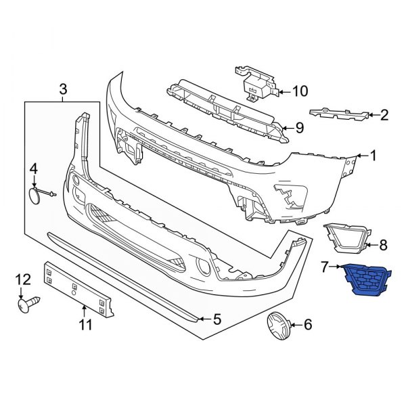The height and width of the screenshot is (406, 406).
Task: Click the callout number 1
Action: coord(371,156)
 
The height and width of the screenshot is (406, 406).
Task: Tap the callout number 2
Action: coord(384,114)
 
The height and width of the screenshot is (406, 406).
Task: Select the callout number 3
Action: coord(63,89)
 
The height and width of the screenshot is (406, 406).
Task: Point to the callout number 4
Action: coord(32,168)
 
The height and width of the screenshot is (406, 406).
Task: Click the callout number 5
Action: coord(217,318)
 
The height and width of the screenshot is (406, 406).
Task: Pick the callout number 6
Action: coord(308,325)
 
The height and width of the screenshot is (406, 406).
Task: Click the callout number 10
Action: coord(300,91)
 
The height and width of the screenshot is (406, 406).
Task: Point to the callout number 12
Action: coord(23,279)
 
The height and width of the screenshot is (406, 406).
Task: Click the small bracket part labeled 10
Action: coord(255,80)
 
